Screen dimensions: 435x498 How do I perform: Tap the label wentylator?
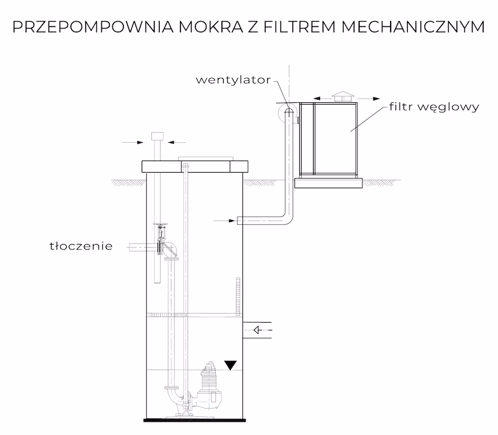point(233,80)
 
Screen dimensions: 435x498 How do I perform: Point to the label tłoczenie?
point(80,246)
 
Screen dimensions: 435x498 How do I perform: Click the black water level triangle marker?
point(230,364)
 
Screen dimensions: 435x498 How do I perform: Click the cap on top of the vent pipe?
point(155,136)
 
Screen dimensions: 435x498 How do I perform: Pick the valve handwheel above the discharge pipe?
point(161,225)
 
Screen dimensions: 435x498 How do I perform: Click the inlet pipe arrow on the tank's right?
point(257,331)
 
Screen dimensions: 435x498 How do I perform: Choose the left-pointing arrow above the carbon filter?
point(320,96)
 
